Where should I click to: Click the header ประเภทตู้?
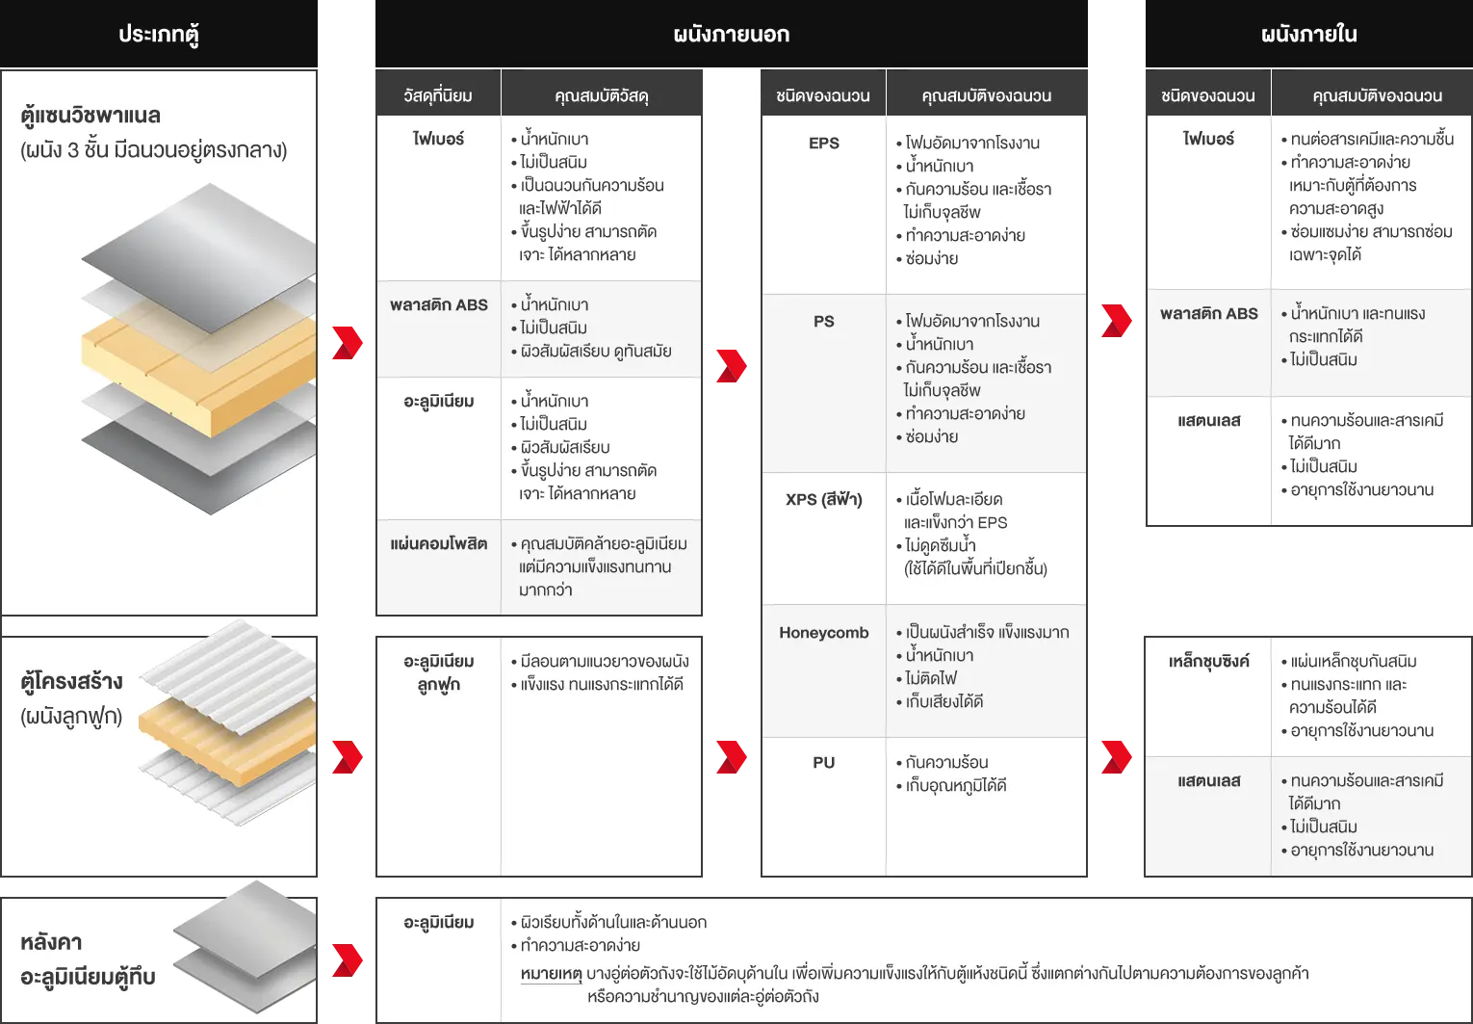[159, 35]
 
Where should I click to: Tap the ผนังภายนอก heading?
[732, 35]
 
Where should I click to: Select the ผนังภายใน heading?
[1308, 35]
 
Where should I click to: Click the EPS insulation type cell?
[823, 143]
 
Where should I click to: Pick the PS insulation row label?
[823, 321]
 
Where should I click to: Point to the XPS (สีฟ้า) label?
[823, 500]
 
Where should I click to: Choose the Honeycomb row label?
[823, 633]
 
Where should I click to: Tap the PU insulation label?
[823, 762]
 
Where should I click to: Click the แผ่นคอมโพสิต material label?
[439, 543]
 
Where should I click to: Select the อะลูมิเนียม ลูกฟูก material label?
[439, 672]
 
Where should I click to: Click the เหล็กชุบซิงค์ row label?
[1208, 661]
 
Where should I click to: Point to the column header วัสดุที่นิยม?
[438, 96]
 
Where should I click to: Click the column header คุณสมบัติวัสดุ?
[601, 96]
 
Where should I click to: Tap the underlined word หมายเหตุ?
[551, 973]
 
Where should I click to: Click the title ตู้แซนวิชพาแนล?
[90, 116]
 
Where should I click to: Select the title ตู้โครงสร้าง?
[71, 681]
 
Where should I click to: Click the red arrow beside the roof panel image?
[348, 960]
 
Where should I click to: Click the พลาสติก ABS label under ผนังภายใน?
[1208, 313]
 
